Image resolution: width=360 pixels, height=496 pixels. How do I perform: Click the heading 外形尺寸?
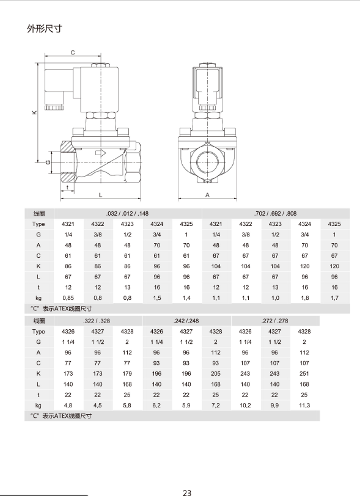pyautogui.click(x=45, y=29)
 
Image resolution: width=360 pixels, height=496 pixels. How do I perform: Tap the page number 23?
pyautogui.click(x=187, y=492)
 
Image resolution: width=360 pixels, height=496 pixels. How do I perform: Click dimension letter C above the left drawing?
pyautogui.click(x=73, y=53)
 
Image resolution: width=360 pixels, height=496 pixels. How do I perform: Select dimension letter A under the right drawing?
pyautogui.click(x=207, y=195)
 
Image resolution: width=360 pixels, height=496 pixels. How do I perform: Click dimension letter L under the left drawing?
pyautogui.click(x=100, y=195)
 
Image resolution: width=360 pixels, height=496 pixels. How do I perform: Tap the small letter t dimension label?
pyautogui.click(x=67, y=188)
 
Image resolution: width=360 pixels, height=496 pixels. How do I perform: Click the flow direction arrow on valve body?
pyautogui.click(x=101, y=153)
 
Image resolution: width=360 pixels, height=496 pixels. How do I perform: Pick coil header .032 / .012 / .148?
pyautogui.click(x=127, y=214)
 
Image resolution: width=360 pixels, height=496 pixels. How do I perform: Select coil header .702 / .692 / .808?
pyautogui.click(x=275, y=214)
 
